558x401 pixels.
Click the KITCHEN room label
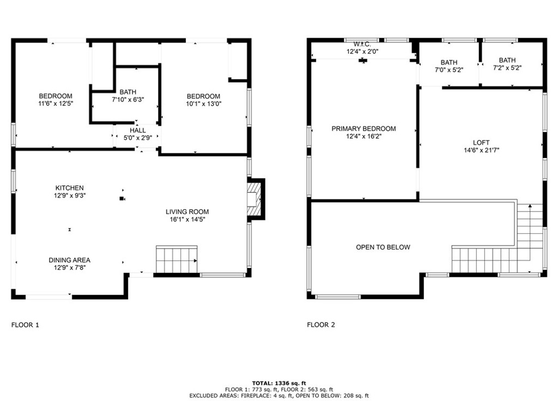69,188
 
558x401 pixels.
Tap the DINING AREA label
69,260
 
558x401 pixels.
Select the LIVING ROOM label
187,212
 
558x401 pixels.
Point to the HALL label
138,131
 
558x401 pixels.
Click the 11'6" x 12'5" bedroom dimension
56,104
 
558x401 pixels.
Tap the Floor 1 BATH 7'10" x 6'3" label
128,100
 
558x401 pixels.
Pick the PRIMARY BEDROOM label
363,129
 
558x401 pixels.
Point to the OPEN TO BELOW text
383,247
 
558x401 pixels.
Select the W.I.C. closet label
362,44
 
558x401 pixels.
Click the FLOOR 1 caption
25,325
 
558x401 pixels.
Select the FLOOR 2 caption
321,325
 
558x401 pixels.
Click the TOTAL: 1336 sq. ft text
278,383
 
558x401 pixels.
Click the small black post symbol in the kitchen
122,199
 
